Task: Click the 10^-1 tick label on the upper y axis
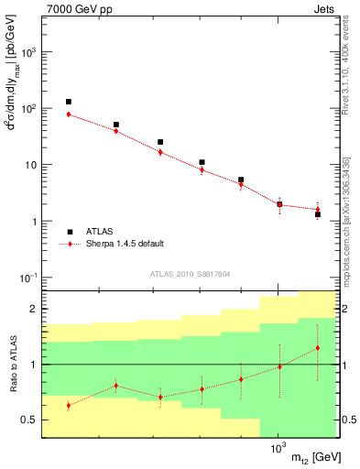coord(28,278)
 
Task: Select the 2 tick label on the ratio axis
coord(33,310)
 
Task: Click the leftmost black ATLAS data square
coord(69,102)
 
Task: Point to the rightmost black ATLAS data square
coord(317,214)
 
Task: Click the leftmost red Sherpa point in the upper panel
coord(69,115)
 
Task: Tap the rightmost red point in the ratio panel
coord(317,348)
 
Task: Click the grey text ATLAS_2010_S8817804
coord(189,274)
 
